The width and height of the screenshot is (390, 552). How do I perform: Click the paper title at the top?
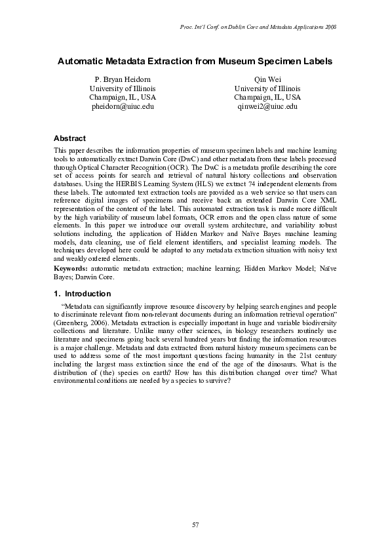pyautogui.click(x=195, y=61)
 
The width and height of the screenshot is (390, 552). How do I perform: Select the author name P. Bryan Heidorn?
pyautogui.click(x=122, y=79)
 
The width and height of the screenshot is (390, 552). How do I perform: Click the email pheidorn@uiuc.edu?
pyautogui.click(x=122, y=106)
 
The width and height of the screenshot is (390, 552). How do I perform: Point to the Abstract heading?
pyautogui.click(x=69, y=139)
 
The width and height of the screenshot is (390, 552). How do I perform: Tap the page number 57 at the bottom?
pyautogui.click(x=195, y=524)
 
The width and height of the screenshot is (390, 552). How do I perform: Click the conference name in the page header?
pyautogui.click(x=257, y=26)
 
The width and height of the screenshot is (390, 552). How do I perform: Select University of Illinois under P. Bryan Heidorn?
pyautogui.click(x=122, y=88)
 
